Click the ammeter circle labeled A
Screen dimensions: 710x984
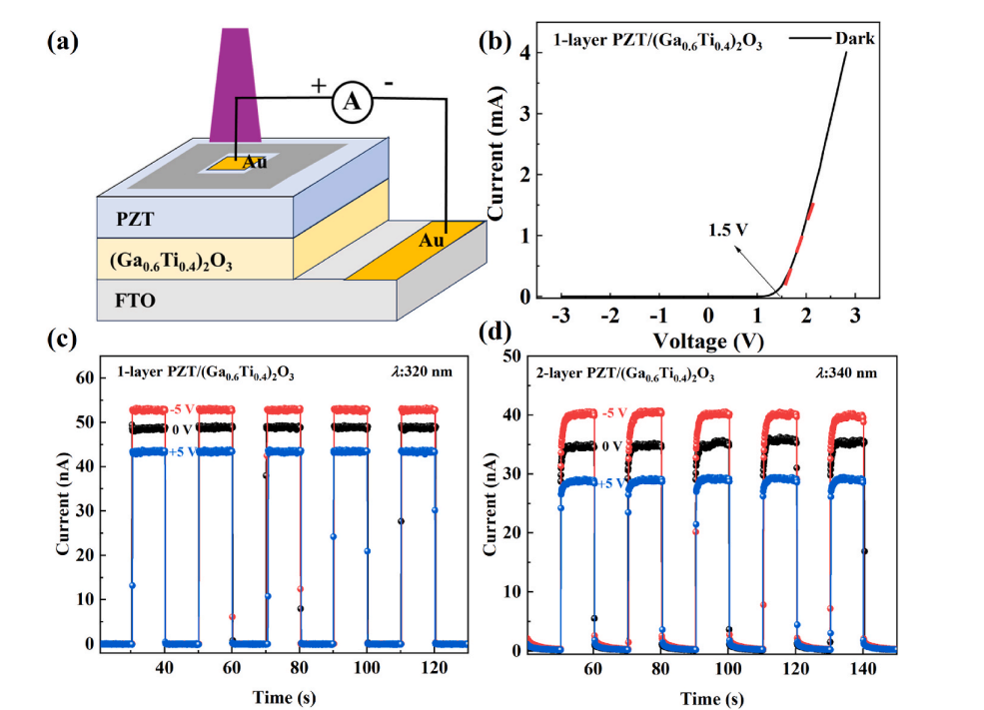[351, 100]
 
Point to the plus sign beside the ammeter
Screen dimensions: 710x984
[319, 86]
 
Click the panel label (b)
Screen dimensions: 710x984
[496, 42]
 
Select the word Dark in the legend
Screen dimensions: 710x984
[856, 39]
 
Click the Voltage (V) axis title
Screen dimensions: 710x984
[708, 340]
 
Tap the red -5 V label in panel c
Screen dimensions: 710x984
[182, 409]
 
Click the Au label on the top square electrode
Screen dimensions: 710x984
[256, 162]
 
